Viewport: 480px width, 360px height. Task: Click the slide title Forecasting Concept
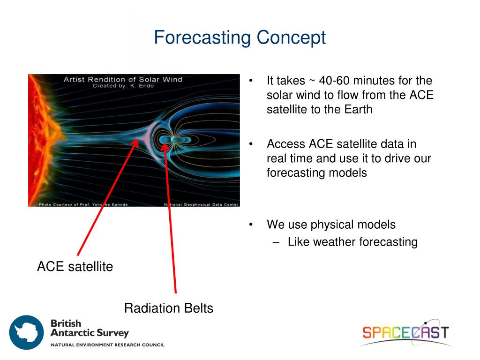(x=240, y=38)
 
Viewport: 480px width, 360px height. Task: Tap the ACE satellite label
(x=75, y=266)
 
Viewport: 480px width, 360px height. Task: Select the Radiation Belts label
(x=169, y=308)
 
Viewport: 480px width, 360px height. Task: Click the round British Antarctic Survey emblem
(x=26, y=332)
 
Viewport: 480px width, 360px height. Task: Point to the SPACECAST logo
(x=405, y=333)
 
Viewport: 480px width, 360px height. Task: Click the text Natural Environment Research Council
(x=108, y=345)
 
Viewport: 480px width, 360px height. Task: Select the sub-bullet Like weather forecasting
(x=352, y=242)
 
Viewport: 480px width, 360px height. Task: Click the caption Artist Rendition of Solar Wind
(x=123, y=80)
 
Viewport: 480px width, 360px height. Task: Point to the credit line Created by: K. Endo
(x=123, y=86)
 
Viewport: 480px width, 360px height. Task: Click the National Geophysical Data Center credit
(x=201, y=204)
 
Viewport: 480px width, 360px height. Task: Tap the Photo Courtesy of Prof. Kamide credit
(x=83, y=204)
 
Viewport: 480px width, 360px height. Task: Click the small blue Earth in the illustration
(x=173, y=140)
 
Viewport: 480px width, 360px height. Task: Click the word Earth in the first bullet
(x=358, y=109)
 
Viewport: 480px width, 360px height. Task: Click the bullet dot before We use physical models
(x=251, y=225)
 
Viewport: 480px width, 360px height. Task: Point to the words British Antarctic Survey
(x=90, y=328)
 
